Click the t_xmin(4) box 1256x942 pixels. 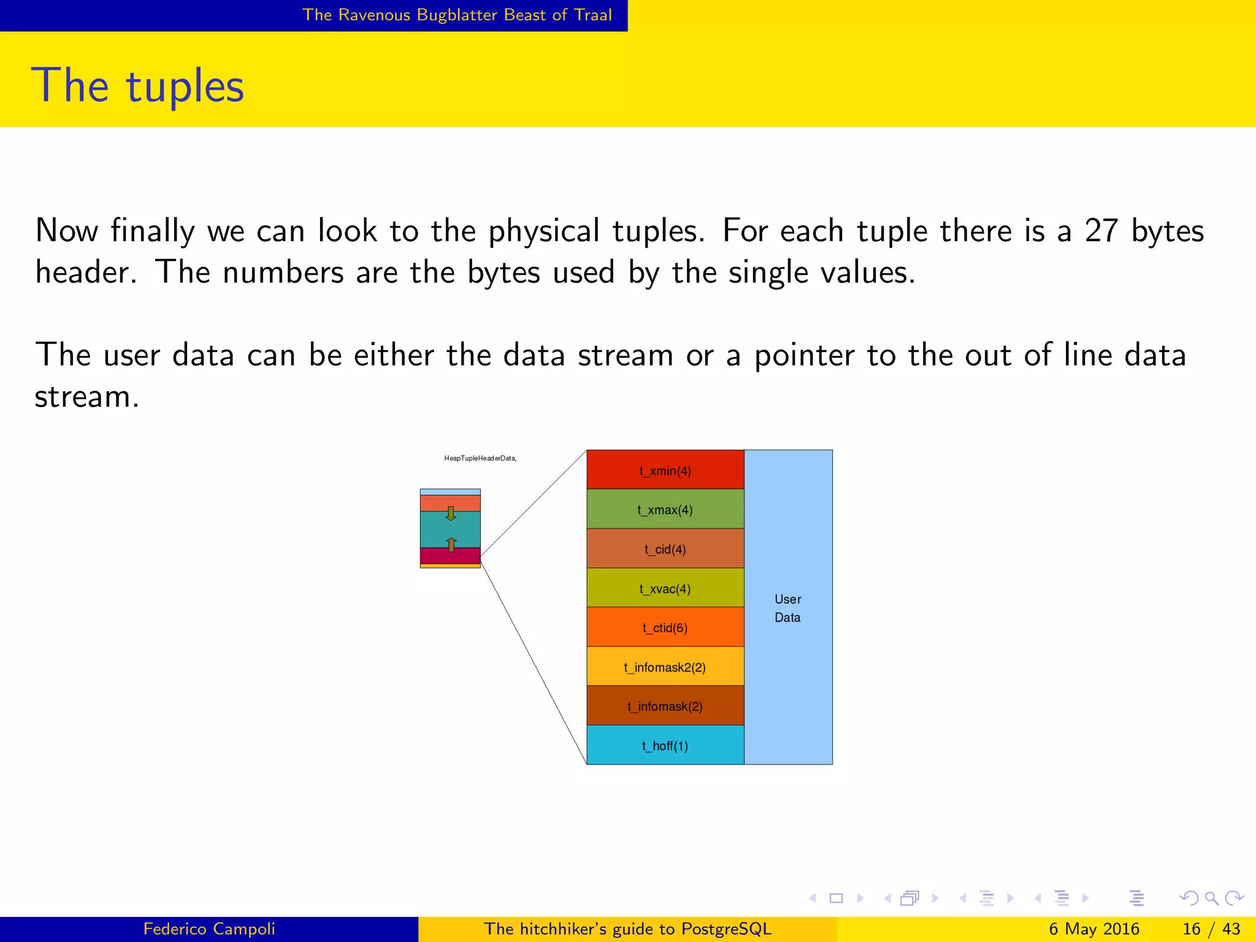click(665, 470)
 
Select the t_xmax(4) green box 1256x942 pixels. click(665, 509)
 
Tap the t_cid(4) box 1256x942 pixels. click(665, 548)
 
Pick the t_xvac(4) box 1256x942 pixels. click(665, 588)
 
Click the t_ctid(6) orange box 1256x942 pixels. click(665, 627)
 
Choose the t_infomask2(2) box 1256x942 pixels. click(665, 666)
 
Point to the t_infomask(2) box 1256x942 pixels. click(665, 705)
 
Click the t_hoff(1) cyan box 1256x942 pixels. click(665, 745)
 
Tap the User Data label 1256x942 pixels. click(788, 608)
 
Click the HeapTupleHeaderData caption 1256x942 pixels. click(480, 458)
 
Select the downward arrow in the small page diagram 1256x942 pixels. click(451, 513)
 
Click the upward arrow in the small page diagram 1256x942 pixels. click(451, 544)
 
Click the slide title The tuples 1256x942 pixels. click(138, 86)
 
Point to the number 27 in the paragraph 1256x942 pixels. click(1101, 231)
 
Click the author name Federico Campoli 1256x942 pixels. click(209, 929)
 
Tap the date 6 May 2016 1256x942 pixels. click(1094, 929)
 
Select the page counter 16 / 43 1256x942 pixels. click(1211, 929)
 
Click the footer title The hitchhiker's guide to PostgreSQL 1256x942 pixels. click(627, 929)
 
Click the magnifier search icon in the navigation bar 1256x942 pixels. click(1211, 898)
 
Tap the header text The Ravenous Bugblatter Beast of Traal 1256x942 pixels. click(457, 15)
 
